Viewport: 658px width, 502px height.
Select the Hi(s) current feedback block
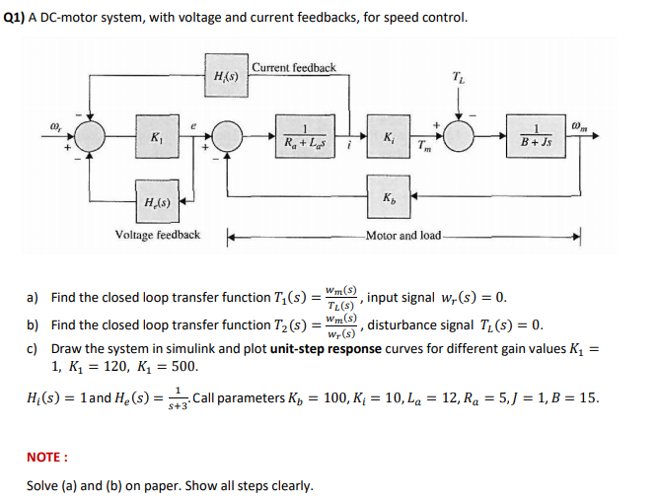click(x=225, y=76)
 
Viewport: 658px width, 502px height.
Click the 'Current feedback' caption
click(x=293, y=67)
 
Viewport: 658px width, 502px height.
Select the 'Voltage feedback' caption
click(x=158, y=235)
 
